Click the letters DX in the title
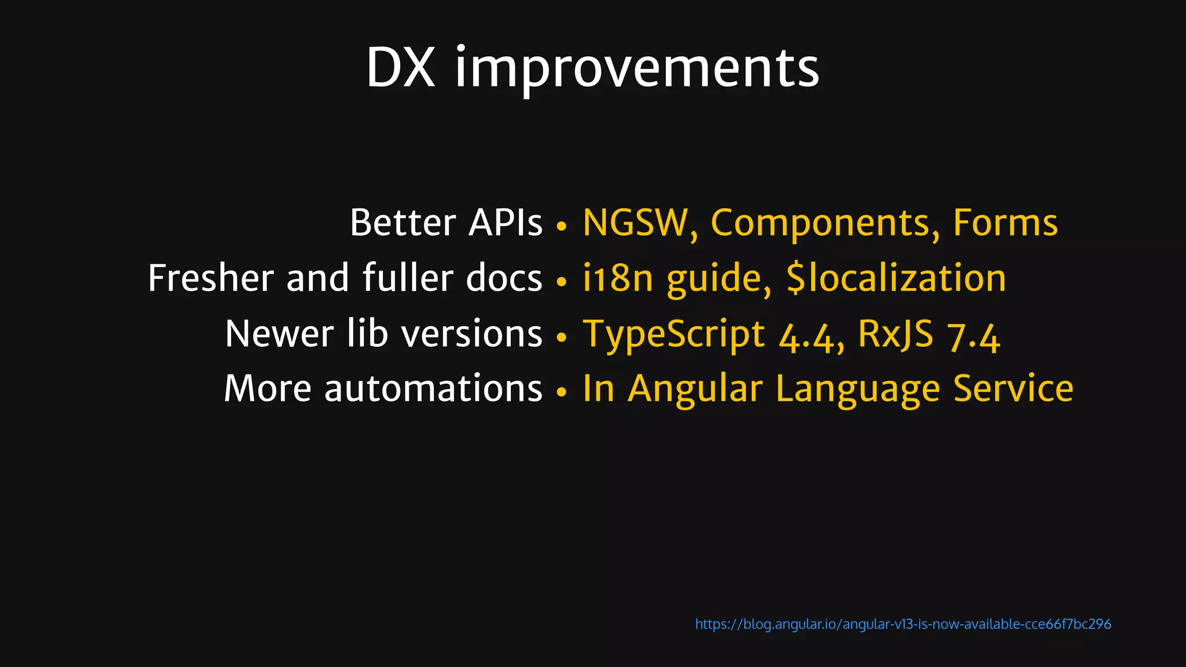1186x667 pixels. pyautogui.click(x=400, y=68)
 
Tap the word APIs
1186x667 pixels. pyautogui.click(x=506, y=222)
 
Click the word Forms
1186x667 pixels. pyautogui.click(x=1005, y=223)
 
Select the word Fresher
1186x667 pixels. pyautogui.click(x=210, y=278)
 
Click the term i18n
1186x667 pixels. pyautogui.click(x=618, y=278)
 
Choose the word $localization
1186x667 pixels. pyautogui.click(x=896, y=278)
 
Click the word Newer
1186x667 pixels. pyautogui.click(x=279, y=334)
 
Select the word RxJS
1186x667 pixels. pyautogui.click(x=895, y=335)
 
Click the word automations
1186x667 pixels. pyautogui.click(x=433, y=389)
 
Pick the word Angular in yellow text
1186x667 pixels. pyautogui.click(x=695, y=389)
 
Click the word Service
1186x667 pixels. pyautogui.click(x=1013, y=389)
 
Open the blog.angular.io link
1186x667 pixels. pyautogui.click(x=902, y=624)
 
